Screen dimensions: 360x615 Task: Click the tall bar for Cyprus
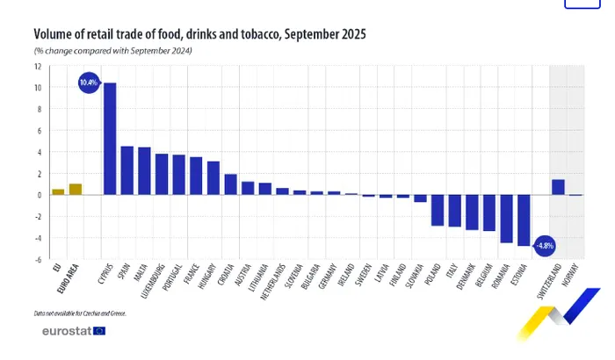pos(110,139)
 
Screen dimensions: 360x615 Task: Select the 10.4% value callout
pos(89,83)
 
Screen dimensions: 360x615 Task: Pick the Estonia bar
pos(524,220)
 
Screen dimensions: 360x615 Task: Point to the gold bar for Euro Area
pos(75,189)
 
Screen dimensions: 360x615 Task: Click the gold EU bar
pos(58,191)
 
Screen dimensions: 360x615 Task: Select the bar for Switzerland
pos(558,187)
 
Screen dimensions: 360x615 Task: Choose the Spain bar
pos(127,170)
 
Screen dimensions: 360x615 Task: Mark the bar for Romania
pos(506,219)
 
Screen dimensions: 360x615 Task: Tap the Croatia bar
pos(231,184)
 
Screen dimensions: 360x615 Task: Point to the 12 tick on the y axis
pos(38,66)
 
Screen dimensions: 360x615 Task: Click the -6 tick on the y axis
pos(38,260)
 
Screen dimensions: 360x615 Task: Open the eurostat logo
pos(73,330)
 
